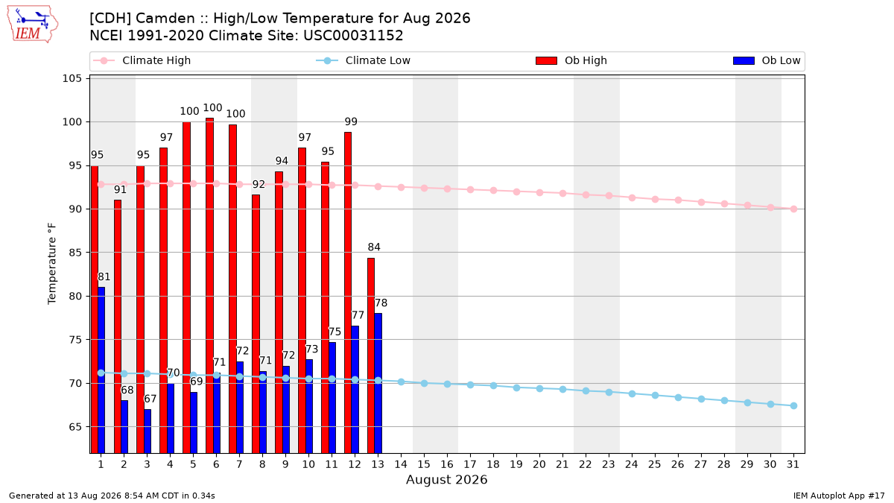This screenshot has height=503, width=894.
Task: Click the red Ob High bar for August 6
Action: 209,285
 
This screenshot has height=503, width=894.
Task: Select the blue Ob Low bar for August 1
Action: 101,370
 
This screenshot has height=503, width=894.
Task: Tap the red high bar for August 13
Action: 371,355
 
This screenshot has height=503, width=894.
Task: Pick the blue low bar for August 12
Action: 355,390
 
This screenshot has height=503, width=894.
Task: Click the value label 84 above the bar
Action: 374,247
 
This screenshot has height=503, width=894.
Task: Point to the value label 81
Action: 104,276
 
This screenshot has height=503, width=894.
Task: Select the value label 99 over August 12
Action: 351,121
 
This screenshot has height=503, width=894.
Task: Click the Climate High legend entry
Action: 142,60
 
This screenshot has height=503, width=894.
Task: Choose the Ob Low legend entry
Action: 767,60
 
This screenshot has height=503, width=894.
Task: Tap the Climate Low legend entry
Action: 364,60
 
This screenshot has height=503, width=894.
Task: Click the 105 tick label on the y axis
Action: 72,78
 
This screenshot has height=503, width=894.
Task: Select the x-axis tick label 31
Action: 793,464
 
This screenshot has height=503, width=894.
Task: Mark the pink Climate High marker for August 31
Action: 793,209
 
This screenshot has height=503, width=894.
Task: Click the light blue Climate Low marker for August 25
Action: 655,395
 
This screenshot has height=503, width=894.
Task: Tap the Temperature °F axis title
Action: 52,264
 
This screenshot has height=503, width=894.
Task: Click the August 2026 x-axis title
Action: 446,479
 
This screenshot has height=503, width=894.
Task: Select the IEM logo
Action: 33,25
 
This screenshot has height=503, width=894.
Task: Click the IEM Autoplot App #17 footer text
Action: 839,496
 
